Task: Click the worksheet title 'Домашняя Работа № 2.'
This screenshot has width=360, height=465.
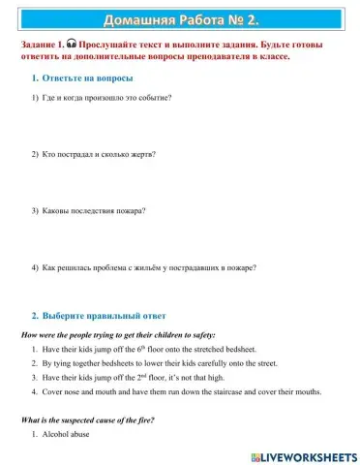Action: [180, 18]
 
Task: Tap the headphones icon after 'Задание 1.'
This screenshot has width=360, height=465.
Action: [72, 45]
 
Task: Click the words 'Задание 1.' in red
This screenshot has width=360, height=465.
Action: [42, 45]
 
